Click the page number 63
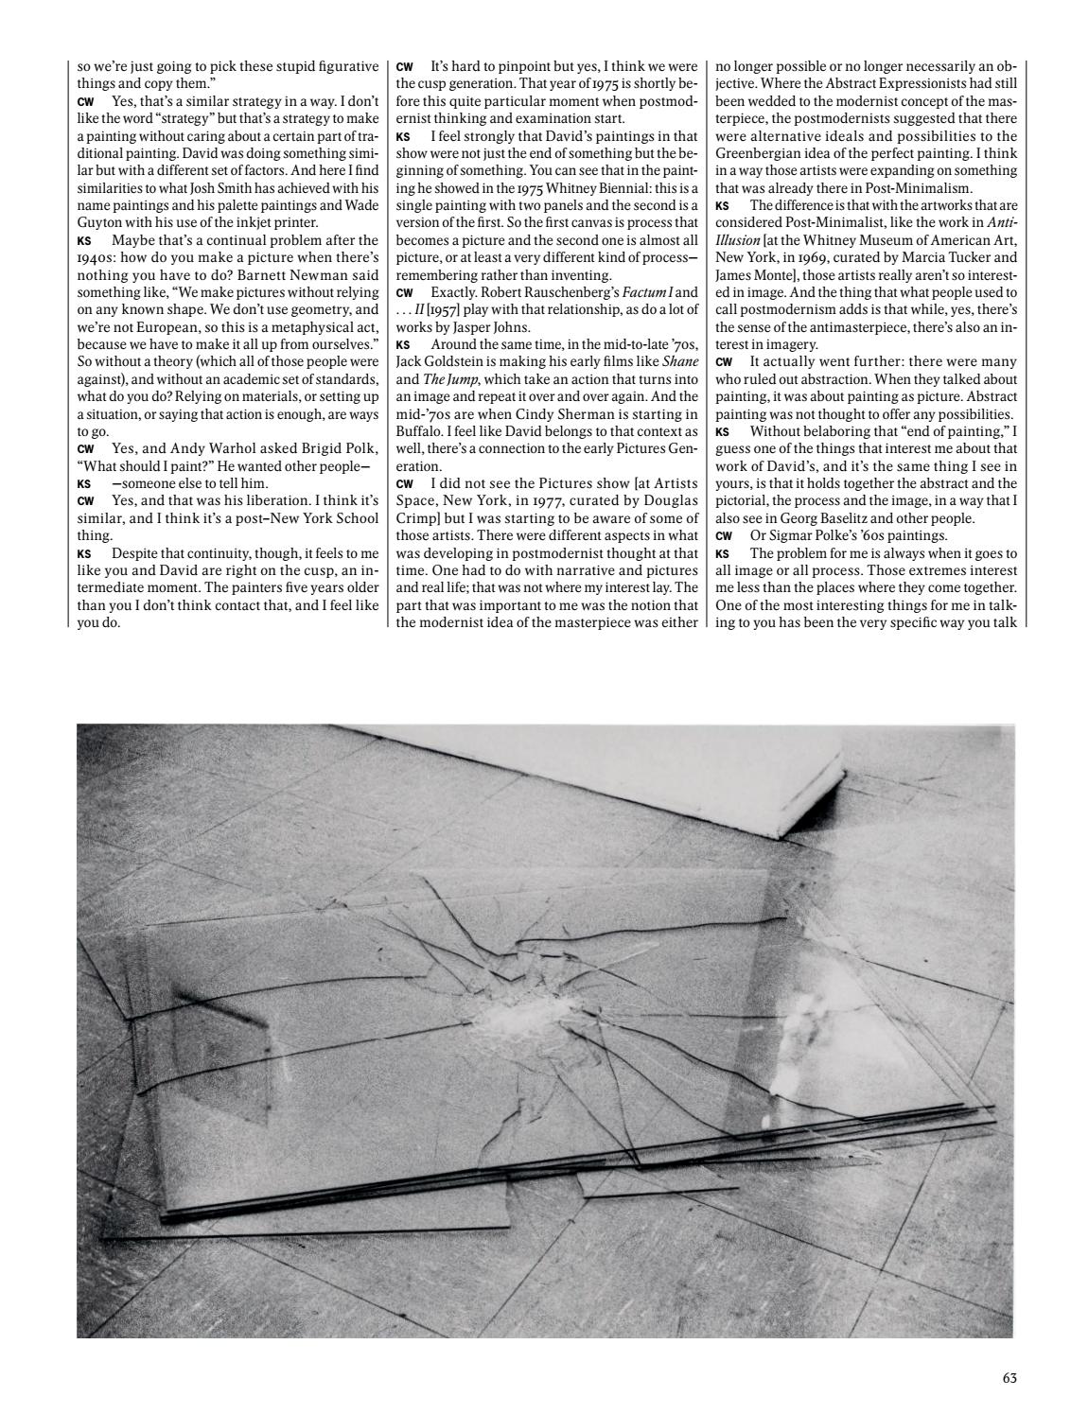1009,1378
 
